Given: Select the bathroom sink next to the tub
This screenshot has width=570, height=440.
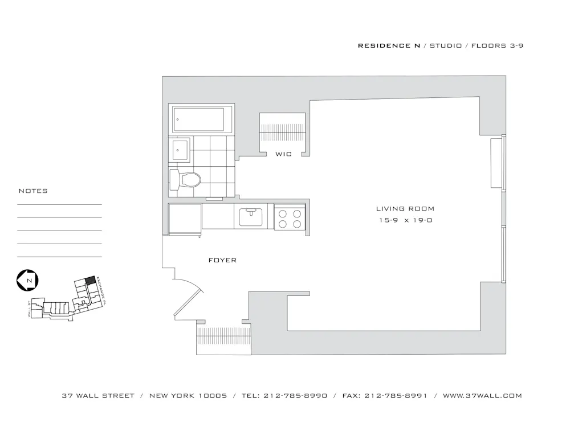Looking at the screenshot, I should (180, 150).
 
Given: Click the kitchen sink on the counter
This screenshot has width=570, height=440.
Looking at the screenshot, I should (251, 216).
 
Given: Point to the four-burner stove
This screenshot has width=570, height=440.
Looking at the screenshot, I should (290, 217).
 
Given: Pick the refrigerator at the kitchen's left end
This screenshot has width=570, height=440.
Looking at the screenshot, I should (185, 219).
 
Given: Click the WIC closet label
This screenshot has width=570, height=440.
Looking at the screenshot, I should (283, 154).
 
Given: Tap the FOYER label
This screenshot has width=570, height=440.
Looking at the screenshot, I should (222, 260).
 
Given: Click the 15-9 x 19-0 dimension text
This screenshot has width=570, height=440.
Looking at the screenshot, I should (405, 220).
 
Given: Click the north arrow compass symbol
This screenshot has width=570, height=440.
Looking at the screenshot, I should (27, 280).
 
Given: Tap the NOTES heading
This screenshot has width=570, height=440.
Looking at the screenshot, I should (33, 191).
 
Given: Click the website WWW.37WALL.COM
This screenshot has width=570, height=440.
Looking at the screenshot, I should (482, 396).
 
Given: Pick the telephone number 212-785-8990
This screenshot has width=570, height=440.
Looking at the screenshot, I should (296, 396).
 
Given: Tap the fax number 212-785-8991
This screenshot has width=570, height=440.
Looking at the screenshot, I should (396, 396).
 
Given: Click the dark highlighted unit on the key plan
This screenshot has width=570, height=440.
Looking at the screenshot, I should (89, 281).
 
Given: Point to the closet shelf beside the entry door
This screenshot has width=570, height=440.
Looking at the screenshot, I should (223, 340).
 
